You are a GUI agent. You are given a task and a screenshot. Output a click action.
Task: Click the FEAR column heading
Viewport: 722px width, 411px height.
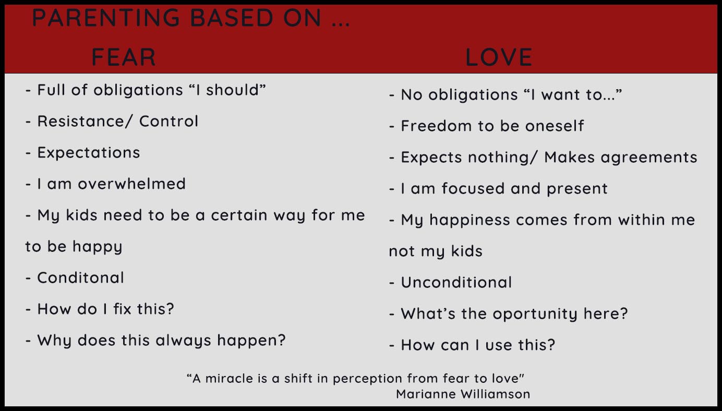[124, 57]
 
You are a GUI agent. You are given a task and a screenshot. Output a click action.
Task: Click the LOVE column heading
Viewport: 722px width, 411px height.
[499, 57]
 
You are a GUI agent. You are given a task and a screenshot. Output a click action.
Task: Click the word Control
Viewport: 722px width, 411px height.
[169, 121]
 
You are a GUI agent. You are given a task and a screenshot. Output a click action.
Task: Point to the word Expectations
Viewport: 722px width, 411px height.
[89, 153]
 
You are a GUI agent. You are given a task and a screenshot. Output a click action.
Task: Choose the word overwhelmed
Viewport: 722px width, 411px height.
[132, 184]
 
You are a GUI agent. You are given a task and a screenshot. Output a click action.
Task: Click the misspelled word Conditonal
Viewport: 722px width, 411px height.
[80, 277]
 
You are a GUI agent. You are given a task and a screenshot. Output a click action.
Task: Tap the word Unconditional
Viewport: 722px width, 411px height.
[456, 282]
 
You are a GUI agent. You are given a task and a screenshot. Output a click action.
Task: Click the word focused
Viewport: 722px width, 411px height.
[473, 188]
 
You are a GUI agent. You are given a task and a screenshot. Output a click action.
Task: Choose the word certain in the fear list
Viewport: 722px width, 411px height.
[239, 215]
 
